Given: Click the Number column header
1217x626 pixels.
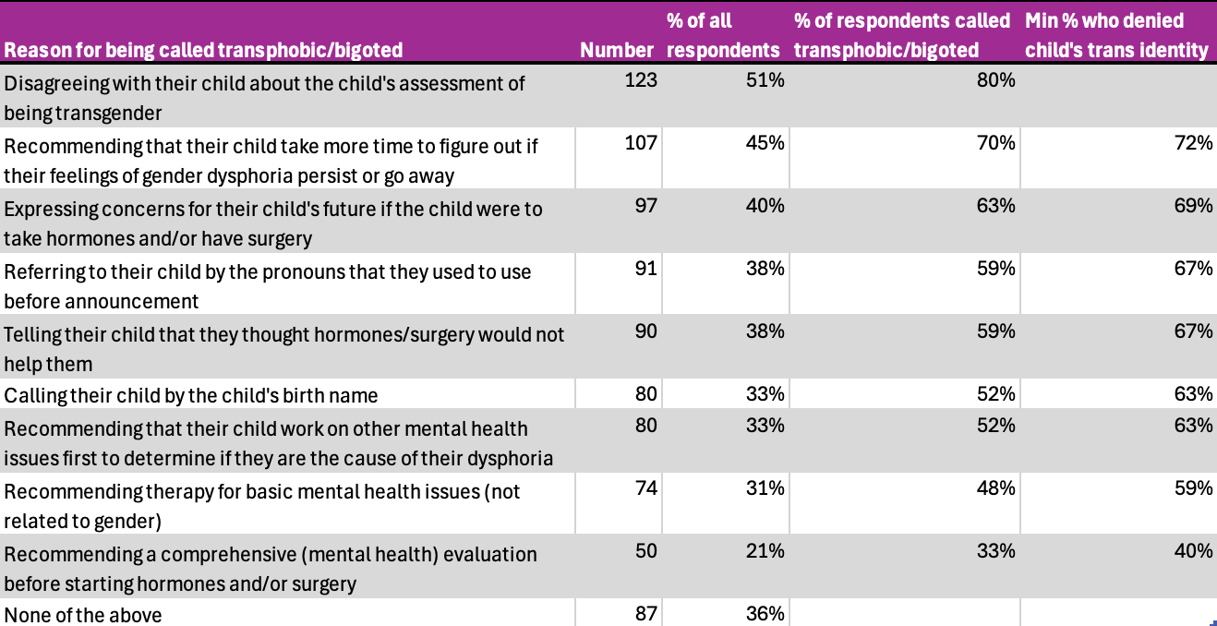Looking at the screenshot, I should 617,50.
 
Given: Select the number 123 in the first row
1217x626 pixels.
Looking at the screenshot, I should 641,80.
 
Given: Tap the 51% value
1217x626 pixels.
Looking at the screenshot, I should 765,80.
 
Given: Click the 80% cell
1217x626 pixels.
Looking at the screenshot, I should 995,80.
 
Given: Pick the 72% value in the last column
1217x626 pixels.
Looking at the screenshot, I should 1194,143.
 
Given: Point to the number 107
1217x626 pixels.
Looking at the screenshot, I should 641,143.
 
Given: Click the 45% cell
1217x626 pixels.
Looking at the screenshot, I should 765,143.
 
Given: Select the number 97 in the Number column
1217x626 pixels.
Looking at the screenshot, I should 645,206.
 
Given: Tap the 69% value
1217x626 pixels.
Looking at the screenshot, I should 1194,206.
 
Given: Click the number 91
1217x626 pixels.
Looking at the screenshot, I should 645,269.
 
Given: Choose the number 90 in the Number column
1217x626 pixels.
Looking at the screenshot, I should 645,331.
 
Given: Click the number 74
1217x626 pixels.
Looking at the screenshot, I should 645,488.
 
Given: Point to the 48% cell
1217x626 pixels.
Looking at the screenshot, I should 995,488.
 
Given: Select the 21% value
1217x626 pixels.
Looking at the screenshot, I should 765,551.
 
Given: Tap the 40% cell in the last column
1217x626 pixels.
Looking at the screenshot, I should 1194,551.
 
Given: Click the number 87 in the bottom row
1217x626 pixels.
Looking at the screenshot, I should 645,614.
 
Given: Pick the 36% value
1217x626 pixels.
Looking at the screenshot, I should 765,614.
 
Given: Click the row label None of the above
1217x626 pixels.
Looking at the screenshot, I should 83,615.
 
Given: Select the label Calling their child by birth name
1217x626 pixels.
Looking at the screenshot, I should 191,395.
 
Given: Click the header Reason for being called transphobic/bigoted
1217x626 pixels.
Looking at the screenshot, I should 203,50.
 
